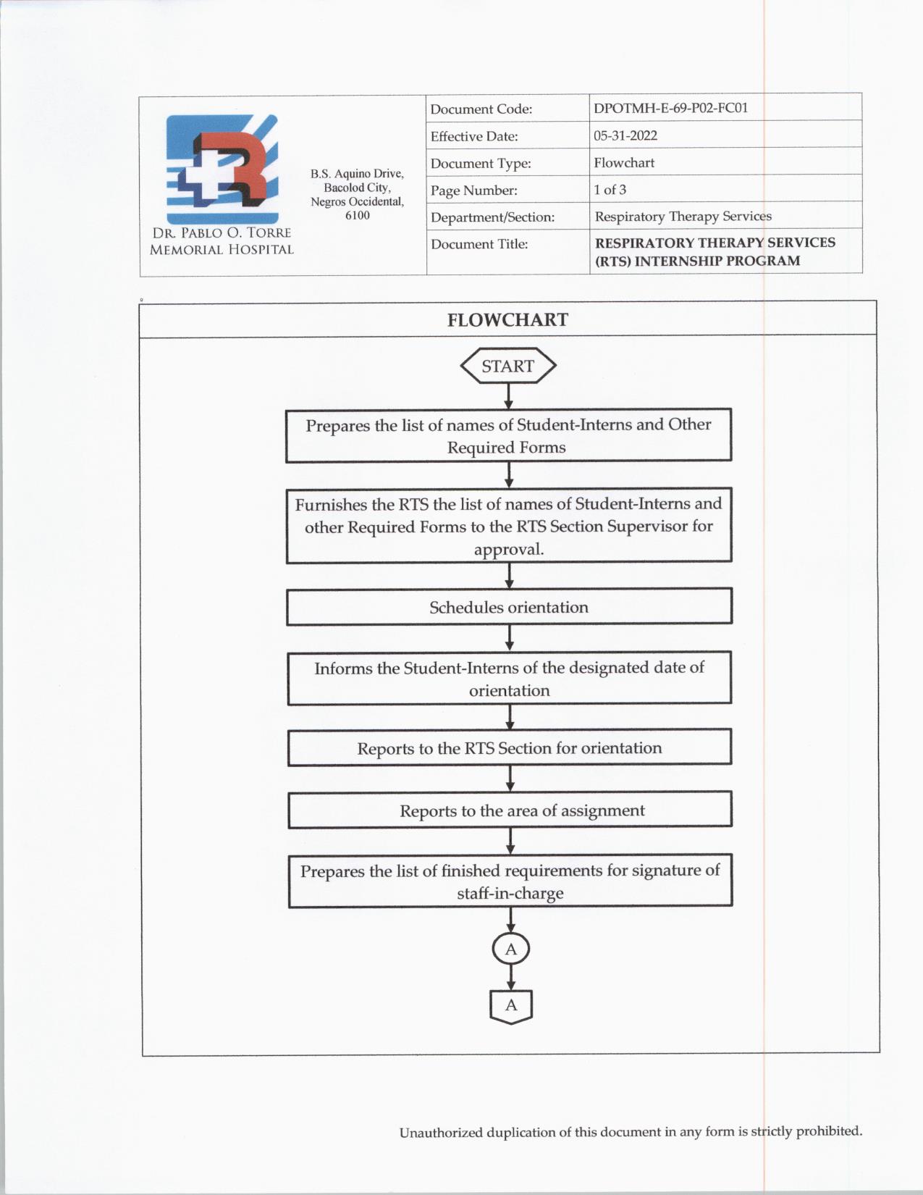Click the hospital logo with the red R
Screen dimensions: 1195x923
pyautogui.click(x=222, y=168)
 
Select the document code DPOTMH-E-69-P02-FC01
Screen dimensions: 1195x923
pyautogui.click(x=670, y=108)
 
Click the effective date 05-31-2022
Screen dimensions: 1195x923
pyautogui.click(x=625, y=135)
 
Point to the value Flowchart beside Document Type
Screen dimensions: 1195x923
pyautogui.click(x=623, y=163)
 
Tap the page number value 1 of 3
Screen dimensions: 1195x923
pyautogui.click(x=610, y=190)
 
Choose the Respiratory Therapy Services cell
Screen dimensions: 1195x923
pyautogui.click(x=683, y=217)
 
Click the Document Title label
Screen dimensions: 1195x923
pyautogui.click(x=479, y=244)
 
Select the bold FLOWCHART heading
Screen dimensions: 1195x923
pyautogui.click(x=507, y=320)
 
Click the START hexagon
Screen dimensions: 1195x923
pyautogui.click(x=508, y=366)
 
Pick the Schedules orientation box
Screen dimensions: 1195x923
pyautogui.click(x=509, y=607)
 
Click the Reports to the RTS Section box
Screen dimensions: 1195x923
pyautogui.click(x=509, y=748)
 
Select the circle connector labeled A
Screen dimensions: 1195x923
pyautogui.click(x=511, y=949)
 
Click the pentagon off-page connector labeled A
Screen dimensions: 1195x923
pyautogui.click(x=511, y=1006)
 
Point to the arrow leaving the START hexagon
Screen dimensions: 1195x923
pyautogui.click(x=508, y=396)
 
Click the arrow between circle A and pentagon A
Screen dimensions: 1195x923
pyautogui.click(x=511, y=978)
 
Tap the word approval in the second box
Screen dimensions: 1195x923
pyautogui.click(x=509, y=550)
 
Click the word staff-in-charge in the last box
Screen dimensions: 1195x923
pyautogui.click(x=510, y=894)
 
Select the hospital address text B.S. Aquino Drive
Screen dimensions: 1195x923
pyautogui.click(x=357, y=174)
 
